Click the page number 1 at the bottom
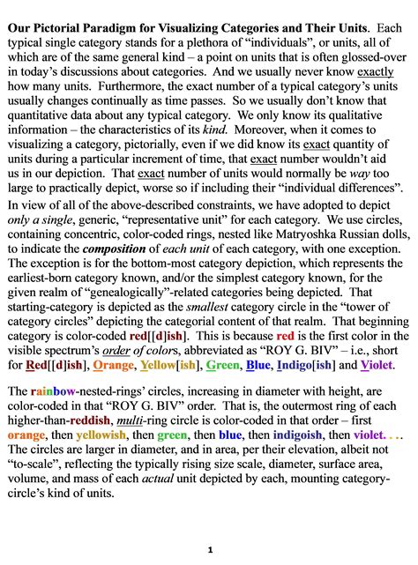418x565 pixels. coord(209,549)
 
